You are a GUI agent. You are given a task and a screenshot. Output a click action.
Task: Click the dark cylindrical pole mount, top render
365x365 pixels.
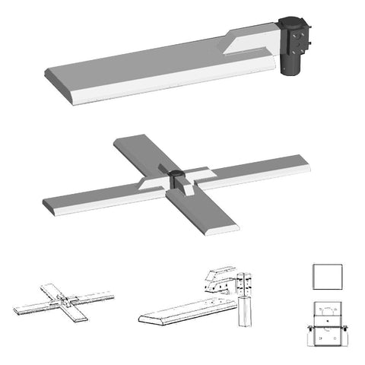click(x=289, y=65)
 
